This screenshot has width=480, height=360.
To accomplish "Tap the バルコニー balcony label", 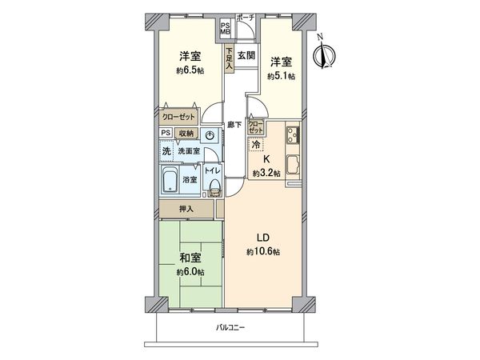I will [230, 328].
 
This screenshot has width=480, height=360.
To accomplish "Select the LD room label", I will [262, 238].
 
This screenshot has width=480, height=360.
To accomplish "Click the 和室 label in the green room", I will [190, 258].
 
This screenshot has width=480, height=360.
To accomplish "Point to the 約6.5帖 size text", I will [189, 70].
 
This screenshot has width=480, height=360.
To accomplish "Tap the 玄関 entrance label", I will [246, 56].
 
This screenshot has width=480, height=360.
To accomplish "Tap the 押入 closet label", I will [186, 209].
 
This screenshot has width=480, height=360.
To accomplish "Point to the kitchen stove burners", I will [291, 134].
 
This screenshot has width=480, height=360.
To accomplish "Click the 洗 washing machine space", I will [166, 151].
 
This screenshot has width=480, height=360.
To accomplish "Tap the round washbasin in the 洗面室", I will [209, 136].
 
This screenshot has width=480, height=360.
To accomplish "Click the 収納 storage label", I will [186, 134].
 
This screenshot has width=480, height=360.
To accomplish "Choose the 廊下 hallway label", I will [232, 124].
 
